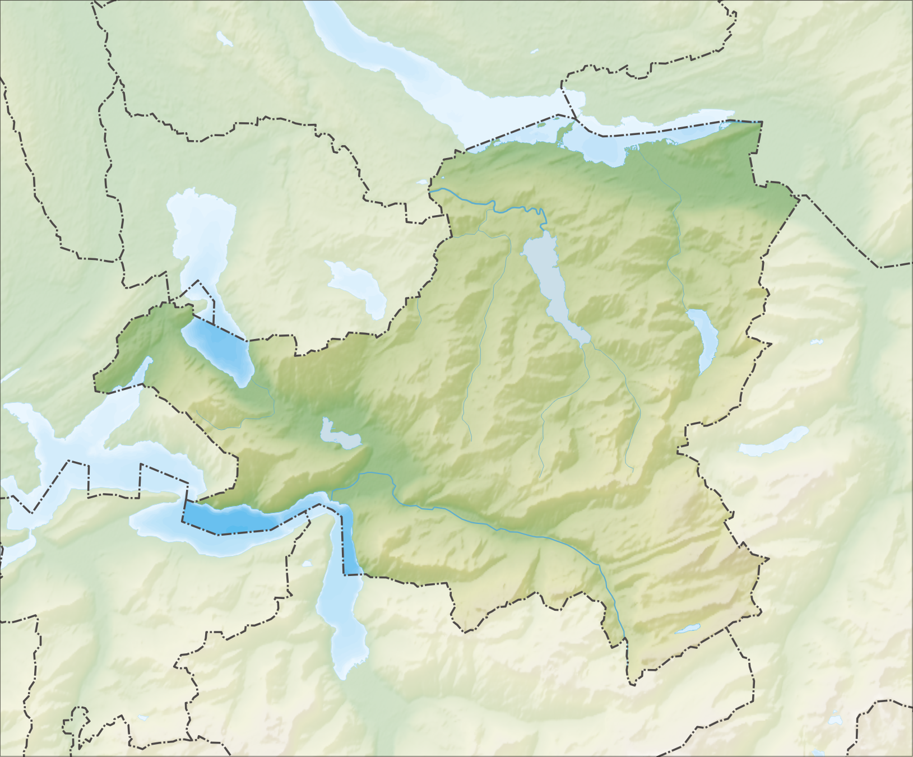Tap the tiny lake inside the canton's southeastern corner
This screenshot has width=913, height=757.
687,629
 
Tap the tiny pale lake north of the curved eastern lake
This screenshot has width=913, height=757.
816,341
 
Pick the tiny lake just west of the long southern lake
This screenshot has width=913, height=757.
306,564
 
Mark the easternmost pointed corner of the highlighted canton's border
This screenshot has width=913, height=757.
798,198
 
